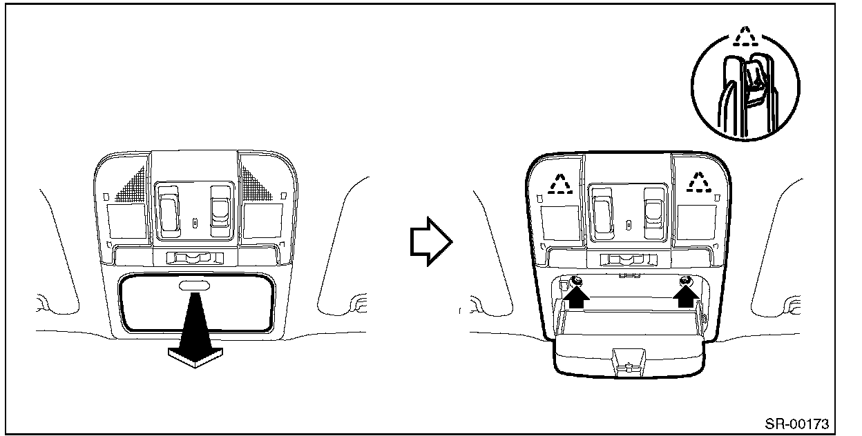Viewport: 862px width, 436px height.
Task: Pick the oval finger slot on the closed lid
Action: click(195, 285)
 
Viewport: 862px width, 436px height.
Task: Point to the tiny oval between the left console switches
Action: click(195, 223)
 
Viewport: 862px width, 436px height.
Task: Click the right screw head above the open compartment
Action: click(687, 280)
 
